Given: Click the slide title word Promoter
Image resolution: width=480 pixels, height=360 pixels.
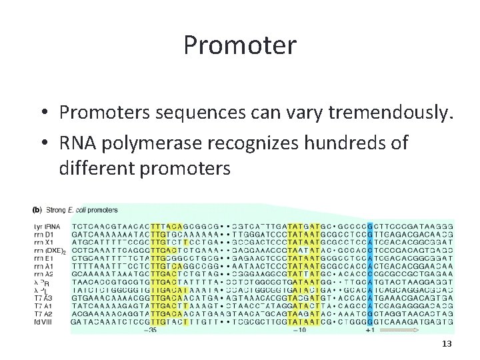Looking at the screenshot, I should tap(239, 45).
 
